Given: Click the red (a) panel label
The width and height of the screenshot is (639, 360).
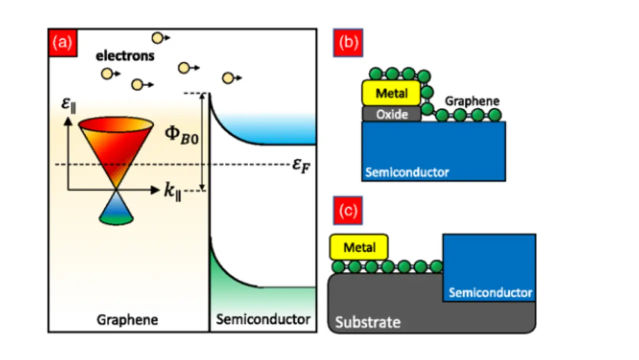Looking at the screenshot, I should pyautogui.click(x=63, y=42).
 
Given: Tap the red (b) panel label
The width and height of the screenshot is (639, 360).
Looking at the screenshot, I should pyautogui.click(x=348, y=42).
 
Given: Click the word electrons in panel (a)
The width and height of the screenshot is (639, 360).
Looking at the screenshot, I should pyautogui.click(x=125, y=55).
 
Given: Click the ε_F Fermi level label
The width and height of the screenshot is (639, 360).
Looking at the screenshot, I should pyautogui.click(x=302, y=165).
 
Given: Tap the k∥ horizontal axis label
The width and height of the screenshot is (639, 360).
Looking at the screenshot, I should pyautogui.click(x=172, y=191).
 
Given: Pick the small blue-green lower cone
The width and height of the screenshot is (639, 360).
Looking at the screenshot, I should pyautogui.click(x=116, y=210).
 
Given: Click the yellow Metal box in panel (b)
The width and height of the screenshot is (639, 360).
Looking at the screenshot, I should pyautogui.click(x=391, y=93).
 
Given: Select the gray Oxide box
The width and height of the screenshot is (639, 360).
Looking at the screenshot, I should pyautogui.click(x=391, y=114).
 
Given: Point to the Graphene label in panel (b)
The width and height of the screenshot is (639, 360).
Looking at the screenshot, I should pyautogui.click(x=472, y=101).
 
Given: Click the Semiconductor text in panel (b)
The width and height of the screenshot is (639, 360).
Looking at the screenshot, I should pyautogui.click(x=407, y=173).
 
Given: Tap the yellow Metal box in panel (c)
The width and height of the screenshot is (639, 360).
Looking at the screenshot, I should pyautogui.click(x=359, y=247).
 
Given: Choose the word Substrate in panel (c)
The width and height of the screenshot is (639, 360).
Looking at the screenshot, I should pyautogui.click(x=367, y=322).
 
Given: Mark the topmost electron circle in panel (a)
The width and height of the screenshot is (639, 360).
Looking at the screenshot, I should pyautogui.click(x=157, y=37).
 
